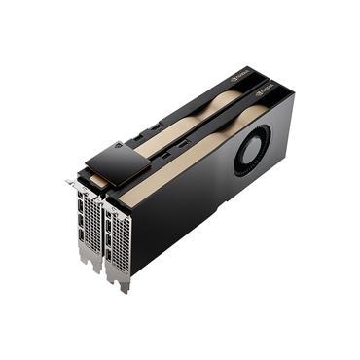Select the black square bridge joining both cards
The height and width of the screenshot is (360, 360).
point(117,160)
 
